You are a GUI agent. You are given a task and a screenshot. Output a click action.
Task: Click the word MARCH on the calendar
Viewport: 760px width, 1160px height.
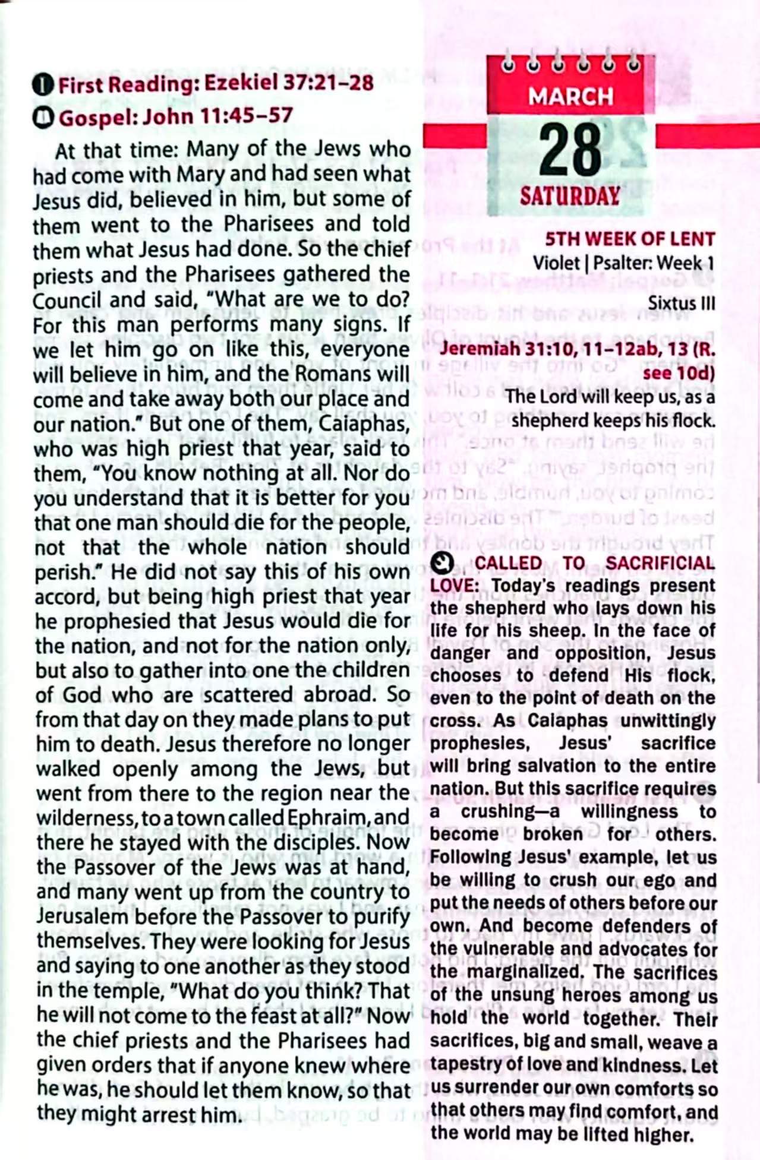pos(570,96)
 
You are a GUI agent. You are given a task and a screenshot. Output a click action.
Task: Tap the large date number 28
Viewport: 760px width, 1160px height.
pos(570,150)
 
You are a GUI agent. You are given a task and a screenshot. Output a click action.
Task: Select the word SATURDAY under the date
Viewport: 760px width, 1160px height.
pos(570,196)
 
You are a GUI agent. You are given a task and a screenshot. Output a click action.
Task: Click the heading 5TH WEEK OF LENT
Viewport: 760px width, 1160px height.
pos(630,239)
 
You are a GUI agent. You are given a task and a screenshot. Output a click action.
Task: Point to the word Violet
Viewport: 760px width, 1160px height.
pos(556,263)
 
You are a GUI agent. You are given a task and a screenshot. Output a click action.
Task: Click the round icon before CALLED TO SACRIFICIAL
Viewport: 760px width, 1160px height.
pos(442,562)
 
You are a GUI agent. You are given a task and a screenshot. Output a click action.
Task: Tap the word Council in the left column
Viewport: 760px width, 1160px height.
pos(67,301)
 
